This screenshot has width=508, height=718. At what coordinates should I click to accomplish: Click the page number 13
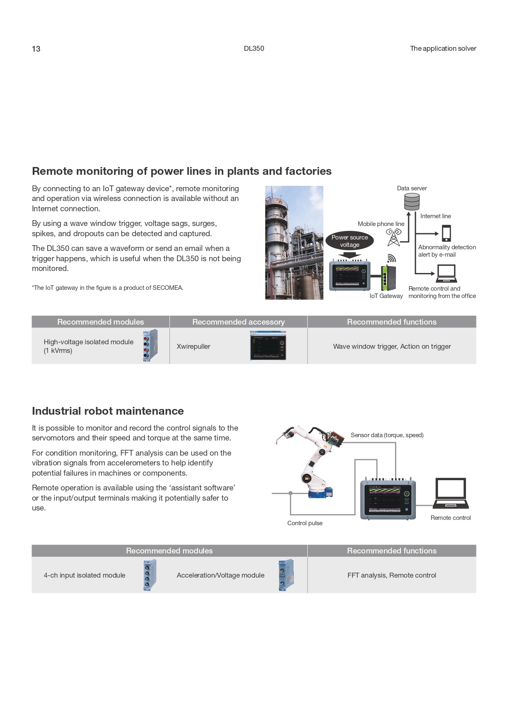(36, 49)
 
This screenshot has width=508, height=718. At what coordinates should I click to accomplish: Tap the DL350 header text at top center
(254, 48)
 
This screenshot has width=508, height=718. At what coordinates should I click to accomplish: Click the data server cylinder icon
(412, 201)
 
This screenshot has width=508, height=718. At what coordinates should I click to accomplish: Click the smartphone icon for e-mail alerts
(446, 233)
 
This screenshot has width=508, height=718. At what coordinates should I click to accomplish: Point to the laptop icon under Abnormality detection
(446, 274)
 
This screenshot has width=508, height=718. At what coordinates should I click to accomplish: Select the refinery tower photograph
(294, 243)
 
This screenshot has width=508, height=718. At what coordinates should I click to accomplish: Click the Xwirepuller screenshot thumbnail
(268, 346)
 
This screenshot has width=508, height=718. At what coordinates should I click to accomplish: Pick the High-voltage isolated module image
(150, 346)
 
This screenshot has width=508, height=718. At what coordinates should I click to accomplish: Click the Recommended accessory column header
(238, 322)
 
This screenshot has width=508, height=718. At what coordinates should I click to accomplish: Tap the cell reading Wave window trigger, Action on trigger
(392, 346)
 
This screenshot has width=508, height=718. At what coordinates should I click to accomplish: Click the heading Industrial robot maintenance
(108, 411)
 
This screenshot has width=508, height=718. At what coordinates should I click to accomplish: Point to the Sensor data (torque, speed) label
(387, 435)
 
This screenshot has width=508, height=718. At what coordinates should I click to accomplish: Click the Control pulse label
(305, 523)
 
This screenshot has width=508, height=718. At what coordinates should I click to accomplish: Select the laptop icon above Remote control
(451, 493)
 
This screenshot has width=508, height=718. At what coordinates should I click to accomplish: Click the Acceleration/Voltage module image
(286, 575)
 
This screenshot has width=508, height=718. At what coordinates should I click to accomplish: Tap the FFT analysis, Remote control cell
(392, 575)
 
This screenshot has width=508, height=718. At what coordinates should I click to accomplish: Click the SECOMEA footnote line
(108, 288)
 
